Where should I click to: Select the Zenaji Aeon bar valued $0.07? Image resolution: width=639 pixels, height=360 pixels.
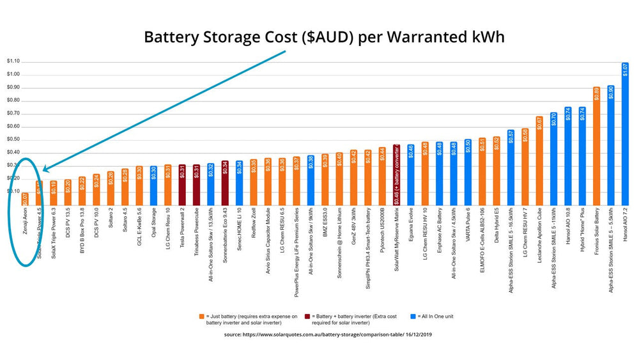pos(25,199)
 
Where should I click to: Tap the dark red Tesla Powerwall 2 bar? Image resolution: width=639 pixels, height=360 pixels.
pos(181,184)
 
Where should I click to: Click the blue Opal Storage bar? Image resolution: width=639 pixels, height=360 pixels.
pos(153,185)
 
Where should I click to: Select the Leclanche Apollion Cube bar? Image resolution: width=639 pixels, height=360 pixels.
pos(539,160)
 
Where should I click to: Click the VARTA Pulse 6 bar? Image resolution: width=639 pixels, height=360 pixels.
pos(468,171)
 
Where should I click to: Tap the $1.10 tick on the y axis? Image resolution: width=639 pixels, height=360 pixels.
pos(13,61)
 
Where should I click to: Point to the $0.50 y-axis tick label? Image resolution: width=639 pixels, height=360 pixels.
pos(13,139)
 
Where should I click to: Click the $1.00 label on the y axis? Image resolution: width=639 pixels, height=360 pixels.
pos(13,74)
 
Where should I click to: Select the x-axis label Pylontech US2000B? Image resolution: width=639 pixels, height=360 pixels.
pos(382,229)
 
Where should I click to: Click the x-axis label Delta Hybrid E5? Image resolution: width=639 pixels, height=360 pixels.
pos(497,224)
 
